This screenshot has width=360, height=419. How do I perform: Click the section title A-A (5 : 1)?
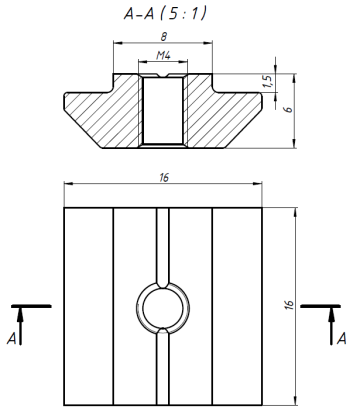point(165,14)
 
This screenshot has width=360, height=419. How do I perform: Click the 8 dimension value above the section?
point(163,37)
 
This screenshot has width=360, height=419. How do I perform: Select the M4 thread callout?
point(163,55)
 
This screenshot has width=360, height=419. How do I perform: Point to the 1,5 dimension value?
point(268,82)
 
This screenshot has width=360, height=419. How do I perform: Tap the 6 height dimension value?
point(289,109)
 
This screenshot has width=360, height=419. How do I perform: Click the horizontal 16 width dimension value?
point(164,177)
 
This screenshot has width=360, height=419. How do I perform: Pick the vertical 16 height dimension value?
point(289,305)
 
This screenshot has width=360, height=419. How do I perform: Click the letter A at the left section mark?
point(12,339)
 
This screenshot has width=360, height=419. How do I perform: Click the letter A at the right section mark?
point(342,339)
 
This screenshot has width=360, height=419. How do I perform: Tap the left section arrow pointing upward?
point(21,326)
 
